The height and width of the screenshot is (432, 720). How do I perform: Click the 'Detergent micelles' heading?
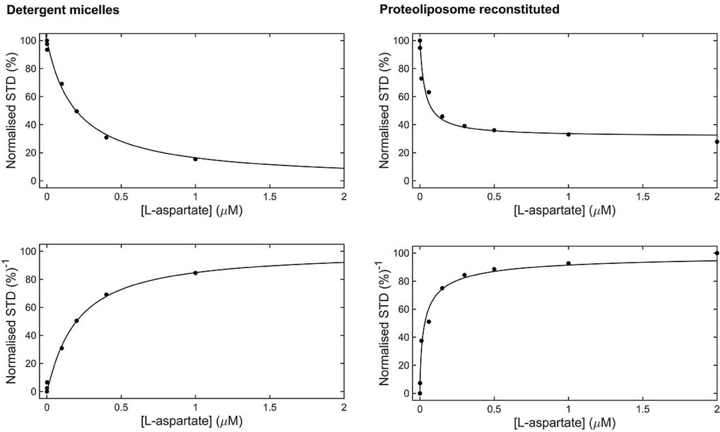point(63,10)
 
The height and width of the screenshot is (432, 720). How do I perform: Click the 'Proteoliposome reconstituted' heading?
point(469,9)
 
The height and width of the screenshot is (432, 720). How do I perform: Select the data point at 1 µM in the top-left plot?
point(196,159)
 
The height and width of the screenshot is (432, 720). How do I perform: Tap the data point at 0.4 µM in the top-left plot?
point(106,137)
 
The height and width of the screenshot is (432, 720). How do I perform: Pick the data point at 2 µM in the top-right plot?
point(717,142)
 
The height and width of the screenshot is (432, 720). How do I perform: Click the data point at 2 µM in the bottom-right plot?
point(717,253)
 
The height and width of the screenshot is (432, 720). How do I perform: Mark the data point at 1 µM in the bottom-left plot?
point(196,273)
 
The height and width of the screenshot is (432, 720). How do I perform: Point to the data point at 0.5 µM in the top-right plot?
point(494,130)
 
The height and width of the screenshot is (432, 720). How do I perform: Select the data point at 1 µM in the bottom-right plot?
point(568,263)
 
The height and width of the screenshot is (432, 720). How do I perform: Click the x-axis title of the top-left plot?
point(191,211)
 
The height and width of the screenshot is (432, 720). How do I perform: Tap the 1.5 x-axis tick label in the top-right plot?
point(642,198)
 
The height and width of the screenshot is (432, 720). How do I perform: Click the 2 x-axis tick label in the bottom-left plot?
point(344,408)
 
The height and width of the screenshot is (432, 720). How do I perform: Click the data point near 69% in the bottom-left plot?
point(106,295)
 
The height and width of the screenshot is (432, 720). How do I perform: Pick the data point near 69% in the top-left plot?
point(62,84)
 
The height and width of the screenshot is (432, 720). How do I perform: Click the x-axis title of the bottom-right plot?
point(564,423)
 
